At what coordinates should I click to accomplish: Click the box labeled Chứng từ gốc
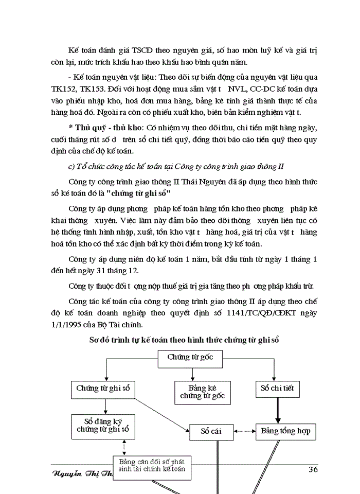(x=190, y=357)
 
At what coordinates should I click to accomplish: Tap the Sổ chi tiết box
(x=277, y=388)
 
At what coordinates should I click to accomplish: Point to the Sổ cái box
(x=211, y=431)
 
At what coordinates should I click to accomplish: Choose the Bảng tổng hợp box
(x=285, y=431)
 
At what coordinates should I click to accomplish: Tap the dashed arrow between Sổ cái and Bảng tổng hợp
(x=244, y=431)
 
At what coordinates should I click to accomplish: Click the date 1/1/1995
(x=69, y=326)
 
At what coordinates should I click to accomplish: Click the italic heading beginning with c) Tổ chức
(x=176, y=166)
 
